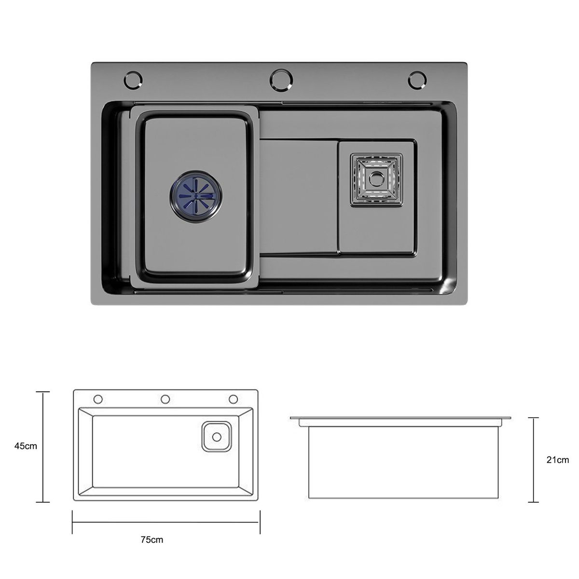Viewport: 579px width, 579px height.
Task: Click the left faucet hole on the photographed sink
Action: click(x=134, y=80)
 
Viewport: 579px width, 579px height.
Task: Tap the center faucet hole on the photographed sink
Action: click(x=281, y=79)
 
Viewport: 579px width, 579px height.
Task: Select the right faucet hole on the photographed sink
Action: click(x=417, y=80)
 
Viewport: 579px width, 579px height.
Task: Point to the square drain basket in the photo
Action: click(x=376, y=179)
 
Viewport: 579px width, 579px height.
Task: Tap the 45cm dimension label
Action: click(x=26, y=446)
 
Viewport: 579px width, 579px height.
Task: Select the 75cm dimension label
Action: click(x=152, y=539)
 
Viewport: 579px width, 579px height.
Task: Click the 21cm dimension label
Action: click(x=557, y=460)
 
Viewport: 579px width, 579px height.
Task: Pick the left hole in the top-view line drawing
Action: click(x=98, y=399)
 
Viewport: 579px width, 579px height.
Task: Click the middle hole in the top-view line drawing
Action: click(x=165, y=399)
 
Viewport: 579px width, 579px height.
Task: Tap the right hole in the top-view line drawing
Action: click(x=234, y=399)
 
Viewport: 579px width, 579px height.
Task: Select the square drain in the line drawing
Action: click(x=217, y=437)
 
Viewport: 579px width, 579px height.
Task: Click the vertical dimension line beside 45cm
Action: click(x=43, y=446)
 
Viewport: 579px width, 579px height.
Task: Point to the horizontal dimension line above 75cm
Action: click(x=166, y=522)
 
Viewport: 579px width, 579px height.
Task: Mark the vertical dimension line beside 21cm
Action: click(x=533, y=460)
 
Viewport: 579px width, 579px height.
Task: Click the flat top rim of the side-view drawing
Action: click(x=400, y=418)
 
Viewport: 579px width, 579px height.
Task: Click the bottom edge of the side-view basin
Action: click(x=403, y=498)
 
